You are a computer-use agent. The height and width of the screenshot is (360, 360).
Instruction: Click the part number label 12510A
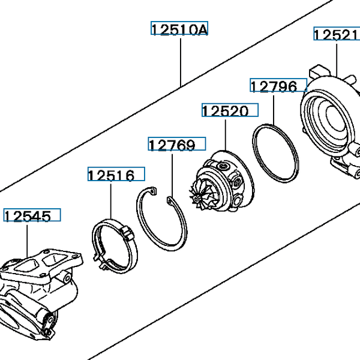[x=179, y=29]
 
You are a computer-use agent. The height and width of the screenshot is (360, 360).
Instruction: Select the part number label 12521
[x=336, y=34]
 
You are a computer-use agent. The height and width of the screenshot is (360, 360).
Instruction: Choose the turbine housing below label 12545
[x=36, y=288]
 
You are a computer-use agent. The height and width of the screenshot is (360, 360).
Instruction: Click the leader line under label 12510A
[x=180, y=60]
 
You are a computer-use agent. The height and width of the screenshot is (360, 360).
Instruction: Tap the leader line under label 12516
[x=111, y=201]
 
